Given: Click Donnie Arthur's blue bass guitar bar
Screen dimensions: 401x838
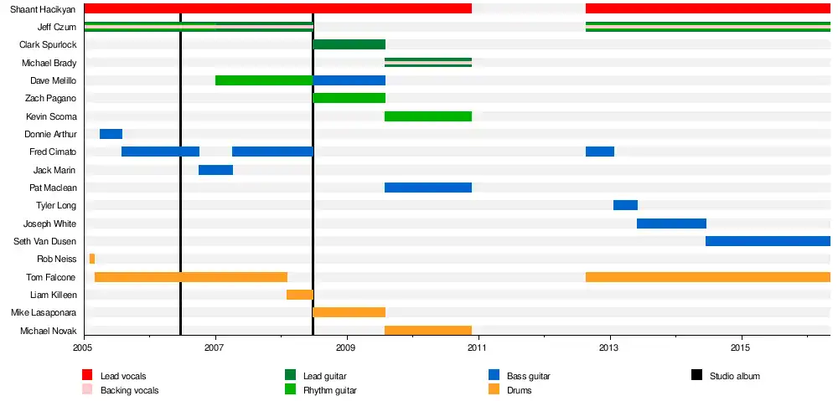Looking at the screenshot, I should pos(111,134).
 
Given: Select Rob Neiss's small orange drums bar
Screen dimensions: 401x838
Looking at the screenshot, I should pos(91,259).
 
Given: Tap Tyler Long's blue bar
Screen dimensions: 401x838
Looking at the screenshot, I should pos(625,205).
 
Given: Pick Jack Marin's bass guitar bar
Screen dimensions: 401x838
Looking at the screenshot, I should pos(215,170).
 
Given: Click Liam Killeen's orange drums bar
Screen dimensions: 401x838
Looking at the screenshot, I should pos(299,295).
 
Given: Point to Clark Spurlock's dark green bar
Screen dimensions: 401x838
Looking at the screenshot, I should pos(349,44).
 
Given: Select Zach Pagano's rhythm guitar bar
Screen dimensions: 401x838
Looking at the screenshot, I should pos(349,98).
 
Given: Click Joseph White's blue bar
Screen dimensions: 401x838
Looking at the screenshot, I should pos(671,224).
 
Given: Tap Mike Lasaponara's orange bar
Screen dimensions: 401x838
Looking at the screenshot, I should pos(349,312).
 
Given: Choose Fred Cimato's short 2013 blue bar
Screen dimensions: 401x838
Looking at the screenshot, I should pos(600,152).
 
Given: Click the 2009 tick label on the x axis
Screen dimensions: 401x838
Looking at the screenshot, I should pos(346,347).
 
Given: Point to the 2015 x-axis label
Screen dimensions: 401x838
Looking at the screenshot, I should pos(740,347).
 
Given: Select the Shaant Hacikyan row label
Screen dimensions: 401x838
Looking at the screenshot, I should pos(43,9).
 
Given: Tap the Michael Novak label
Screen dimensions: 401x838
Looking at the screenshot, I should pos(48,331).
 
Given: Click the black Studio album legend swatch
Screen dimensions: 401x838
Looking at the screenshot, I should pos(696,375).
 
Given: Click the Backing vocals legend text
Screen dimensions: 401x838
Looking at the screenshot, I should pos(129,390).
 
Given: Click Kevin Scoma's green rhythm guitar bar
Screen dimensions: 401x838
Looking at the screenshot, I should pos(427,116).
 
